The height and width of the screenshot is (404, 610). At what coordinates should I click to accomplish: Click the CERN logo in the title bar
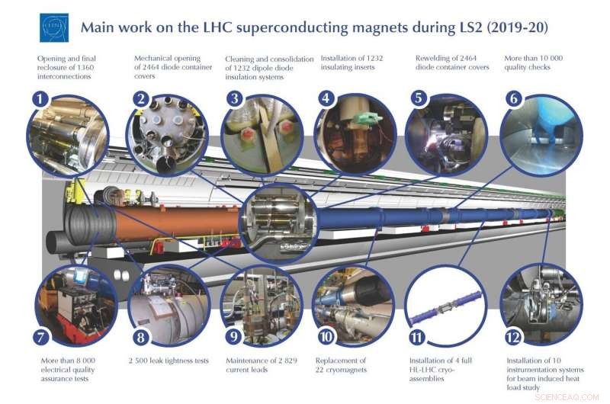point(54,27)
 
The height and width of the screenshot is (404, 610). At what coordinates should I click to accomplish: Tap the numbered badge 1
point(37,98)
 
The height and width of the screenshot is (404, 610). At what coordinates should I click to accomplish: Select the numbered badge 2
point(140,98)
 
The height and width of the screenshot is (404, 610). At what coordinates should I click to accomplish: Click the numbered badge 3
point(236,98)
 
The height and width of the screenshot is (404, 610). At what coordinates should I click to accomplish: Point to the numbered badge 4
point(326,98)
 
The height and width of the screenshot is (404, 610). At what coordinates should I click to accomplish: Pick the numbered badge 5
point(418,98)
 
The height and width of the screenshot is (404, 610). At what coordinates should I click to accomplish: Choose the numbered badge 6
point(514,98)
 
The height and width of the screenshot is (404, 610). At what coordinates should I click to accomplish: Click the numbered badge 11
point(416,336)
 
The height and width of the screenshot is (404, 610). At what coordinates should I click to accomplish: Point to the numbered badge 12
point(512,336)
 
